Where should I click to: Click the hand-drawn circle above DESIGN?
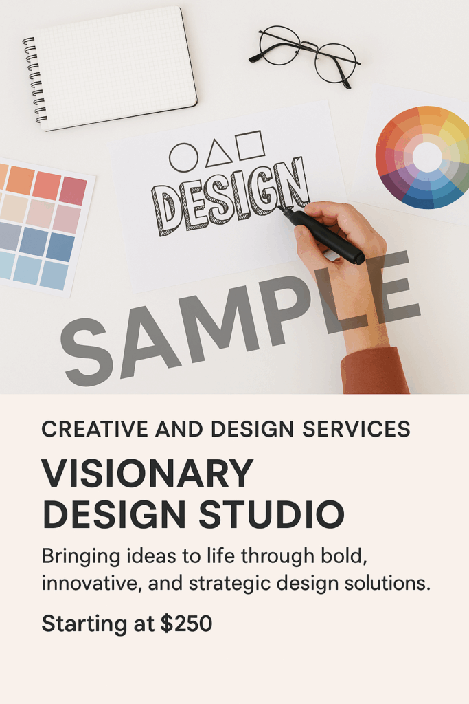[183, 157]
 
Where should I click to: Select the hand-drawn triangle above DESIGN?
[218, 153]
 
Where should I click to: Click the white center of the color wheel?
[427, 157]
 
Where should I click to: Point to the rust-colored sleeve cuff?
[375, 371]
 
